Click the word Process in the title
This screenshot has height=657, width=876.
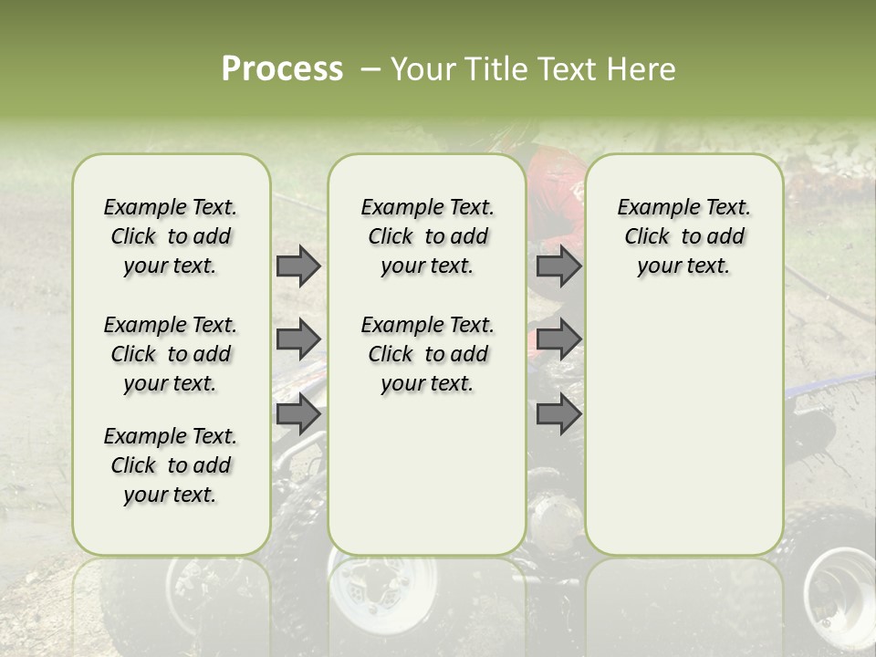282,69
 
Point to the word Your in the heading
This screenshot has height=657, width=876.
425,69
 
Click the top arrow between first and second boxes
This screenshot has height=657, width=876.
298,266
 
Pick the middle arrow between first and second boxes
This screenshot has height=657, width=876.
298,339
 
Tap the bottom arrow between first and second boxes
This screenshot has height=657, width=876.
298,414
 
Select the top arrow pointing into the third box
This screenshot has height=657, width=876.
558,266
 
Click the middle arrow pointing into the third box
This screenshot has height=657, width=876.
558,339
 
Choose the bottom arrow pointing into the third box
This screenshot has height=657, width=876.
558,414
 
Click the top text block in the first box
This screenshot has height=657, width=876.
171,236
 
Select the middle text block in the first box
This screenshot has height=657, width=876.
171,354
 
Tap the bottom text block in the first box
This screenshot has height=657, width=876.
171,465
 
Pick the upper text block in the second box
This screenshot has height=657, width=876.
427,236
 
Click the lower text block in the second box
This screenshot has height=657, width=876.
427,354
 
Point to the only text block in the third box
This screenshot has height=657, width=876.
683,236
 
